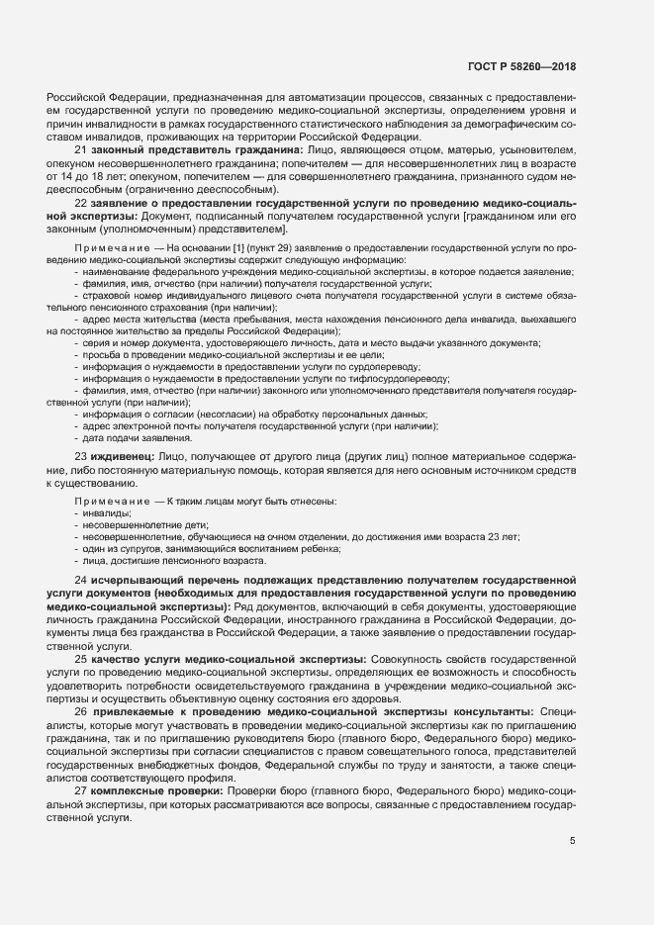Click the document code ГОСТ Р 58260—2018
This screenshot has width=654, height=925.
[520, 67]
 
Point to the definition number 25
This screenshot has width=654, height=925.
[81, 658]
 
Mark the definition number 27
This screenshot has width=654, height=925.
[81, 789]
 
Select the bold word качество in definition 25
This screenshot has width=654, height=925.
[116, 658]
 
